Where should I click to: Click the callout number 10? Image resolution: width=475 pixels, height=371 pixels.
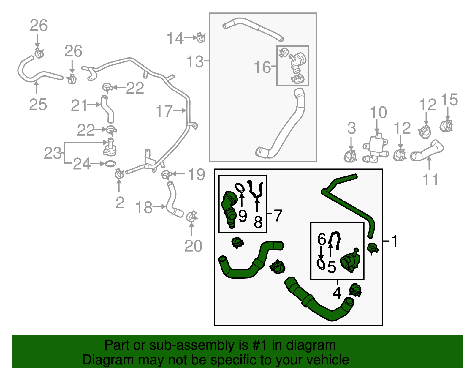[x=378, y=113]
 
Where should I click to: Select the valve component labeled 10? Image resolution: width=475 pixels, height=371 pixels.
[x=376, y=148]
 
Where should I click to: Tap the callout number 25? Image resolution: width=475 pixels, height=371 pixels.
[x=38, y=105]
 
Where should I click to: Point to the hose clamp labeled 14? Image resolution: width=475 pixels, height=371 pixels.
[x=201, y=38]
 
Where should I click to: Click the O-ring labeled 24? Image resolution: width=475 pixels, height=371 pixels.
[x=110, y=164]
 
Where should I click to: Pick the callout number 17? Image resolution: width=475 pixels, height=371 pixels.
[x=164, y=111]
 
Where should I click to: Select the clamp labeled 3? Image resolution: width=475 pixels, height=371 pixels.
[x=350, y=156]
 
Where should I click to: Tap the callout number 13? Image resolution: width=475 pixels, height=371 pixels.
[x=195, y=62]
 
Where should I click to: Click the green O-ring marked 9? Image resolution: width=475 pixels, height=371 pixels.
[x=240, y=188]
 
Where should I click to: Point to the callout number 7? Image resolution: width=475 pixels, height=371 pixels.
[x=278, y=215]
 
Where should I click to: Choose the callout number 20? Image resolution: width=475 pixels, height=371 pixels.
[x=193, y=246]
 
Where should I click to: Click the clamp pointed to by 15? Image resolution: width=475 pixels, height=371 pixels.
[x=446, y=126]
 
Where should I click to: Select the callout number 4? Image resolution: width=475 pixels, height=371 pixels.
[x=337, y=293]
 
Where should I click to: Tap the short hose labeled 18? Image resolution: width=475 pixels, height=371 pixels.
[x=173, y=201]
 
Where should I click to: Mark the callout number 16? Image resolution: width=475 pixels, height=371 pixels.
[x=262, y=67]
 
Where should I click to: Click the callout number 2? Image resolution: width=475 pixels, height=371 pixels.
[x=120, y=203]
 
